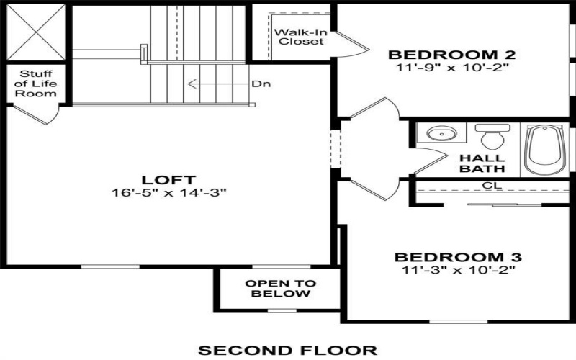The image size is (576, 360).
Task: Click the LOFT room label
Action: [x=171, y=179]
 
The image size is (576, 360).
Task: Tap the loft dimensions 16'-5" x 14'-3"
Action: [x=171, y=192]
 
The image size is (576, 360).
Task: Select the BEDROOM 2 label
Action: [x=442, y=55]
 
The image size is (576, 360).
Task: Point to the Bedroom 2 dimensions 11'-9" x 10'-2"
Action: [x=442, y=68]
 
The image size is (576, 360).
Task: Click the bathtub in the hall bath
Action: [x=544, y=149]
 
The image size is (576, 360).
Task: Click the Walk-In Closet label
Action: [x=297, y=36]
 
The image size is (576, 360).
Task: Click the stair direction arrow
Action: [x=220, y=84]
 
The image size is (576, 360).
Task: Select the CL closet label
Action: [x=492, y=185]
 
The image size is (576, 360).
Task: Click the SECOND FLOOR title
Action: [x=287, y=350]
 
